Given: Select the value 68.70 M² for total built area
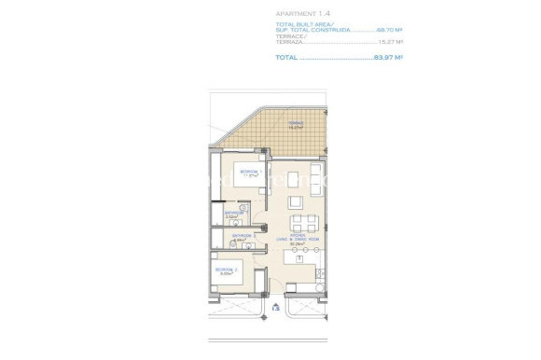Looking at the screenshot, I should [x=389, y=30].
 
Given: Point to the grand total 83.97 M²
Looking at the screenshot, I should [x=388, y=58].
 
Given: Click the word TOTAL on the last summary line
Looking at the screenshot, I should [x=286, y=58].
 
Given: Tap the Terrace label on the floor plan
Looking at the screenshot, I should [x=269, y=123].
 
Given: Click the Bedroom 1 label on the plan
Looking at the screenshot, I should [x=248, y=173].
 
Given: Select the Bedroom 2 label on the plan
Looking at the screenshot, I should [x=227, y=270].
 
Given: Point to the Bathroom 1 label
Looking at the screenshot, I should [x=235, y=215].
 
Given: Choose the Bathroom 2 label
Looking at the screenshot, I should [x=243, y=237].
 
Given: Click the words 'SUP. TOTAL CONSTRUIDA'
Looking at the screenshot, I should [x=312, y=30].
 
